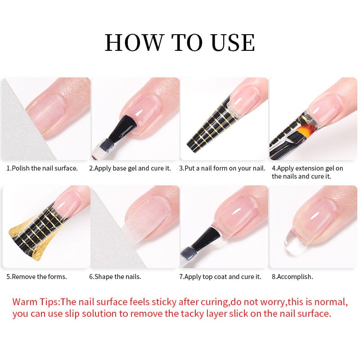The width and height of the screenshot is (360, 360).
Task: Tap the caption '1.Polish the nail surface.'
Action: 42,168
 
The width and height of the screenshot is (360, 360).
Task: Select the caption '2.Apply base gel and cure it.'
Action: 130,168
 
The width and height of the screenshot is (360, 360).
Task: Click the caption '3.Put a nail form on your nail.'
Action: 222,168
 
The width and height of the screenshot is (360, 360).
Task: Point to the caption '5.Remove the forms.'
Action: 36,276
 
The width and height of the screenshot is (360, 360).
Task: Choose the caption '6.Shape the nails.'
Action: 115,276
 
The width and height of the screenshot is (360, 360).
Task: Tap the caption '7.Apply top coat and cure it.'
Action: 220,276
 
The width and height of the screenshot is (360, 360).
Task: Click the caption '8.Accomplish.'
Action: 292,276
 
